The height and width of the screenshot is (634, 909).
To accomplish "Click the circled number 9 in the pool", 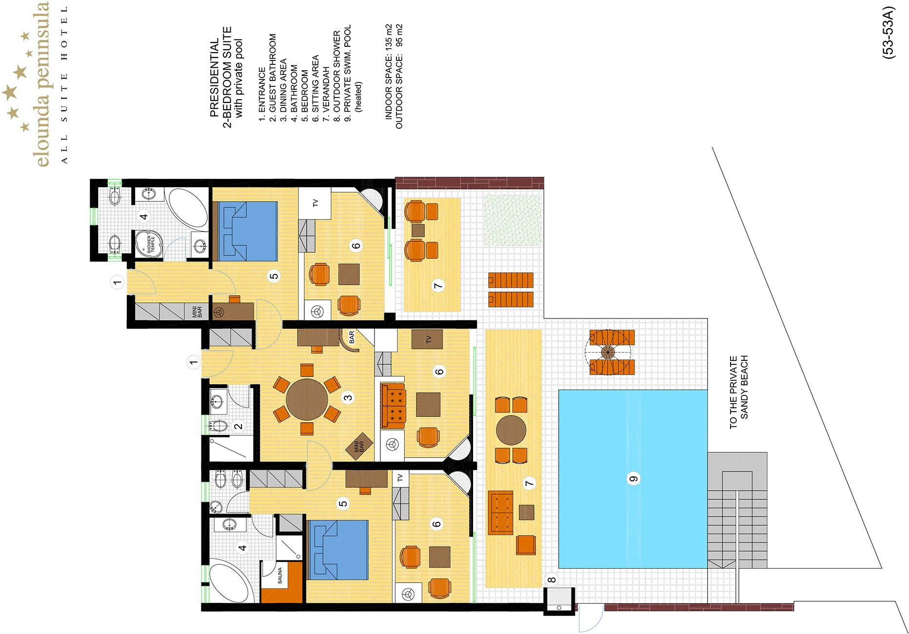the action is (x=633, y=479).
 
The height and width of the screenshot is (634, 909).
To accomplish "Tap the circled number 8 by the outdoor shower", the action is (x=552, y=580).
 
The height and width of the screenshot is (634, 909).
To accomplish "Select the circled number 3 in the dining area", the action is (x=348, y=397).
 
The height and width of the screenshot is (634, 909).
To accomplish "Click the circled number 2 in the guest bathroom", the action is (x=238, y=426).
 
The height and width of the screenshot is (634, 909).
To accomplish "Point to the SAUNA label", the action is (x=280, y=575).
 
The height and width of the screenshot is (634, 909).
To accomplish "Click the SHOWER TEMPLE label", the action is (x=151, y=244).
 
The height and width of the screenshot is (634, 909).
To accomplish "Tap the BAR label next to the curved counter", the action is (x=352, y=337).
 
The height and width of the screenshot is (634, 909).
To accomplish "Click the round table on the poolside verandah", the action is (x=511, y=430).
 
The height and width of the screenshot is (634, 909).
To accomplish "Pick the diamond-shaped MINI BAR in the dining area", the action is (x=359, y=446).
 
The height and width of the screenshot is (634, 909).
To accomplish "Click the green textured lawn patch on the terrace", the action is (x=513, y=220).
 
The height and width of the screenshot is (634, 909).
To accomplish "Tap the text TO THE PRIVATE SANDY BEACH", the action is (x=739, y=393).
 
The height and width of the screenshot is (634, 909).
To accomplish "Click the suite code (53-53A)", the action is (x=889, y=33).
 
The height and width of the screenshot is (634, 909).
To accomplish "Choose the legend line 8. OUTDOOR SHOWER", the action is (x=336, y=76).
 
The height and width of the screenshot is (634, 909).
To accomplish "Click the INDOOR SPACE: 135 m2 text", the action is (x=389, y=72).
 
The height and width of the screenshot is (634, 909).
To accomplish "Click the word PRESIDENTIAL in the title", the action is (x=215, y=78).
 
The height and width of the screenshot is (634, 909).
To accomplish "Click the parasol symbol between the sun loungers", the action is (x=608, y=352).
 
